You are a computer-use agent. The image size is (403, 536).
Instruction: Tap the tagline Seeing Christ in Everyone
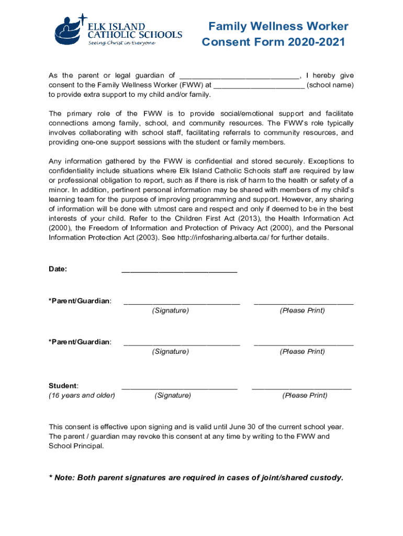point(121,43)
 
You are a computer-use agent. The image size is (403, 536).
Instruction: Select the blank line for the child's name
point(239,76)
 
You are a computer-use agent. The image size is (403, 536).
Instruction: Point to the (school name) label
point(330,85)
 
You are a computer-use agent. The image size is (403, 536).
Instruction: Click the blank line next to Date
point(179,271)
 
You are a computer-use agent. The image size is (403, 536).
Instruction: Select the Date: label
point(58,269)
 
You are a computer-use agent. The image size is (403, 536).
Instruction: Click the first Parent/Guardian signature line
point(182,303)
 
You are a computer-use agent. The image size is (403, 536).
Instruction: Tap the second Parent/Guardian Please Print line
point(304,343)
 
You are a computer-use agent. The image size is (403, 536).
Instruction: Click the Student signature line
point(180,387)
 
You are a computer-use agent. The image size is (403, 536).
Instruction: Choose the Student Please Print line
point(301,387)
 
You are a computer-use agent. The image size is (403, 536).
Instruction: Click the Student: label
point(63,386)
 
